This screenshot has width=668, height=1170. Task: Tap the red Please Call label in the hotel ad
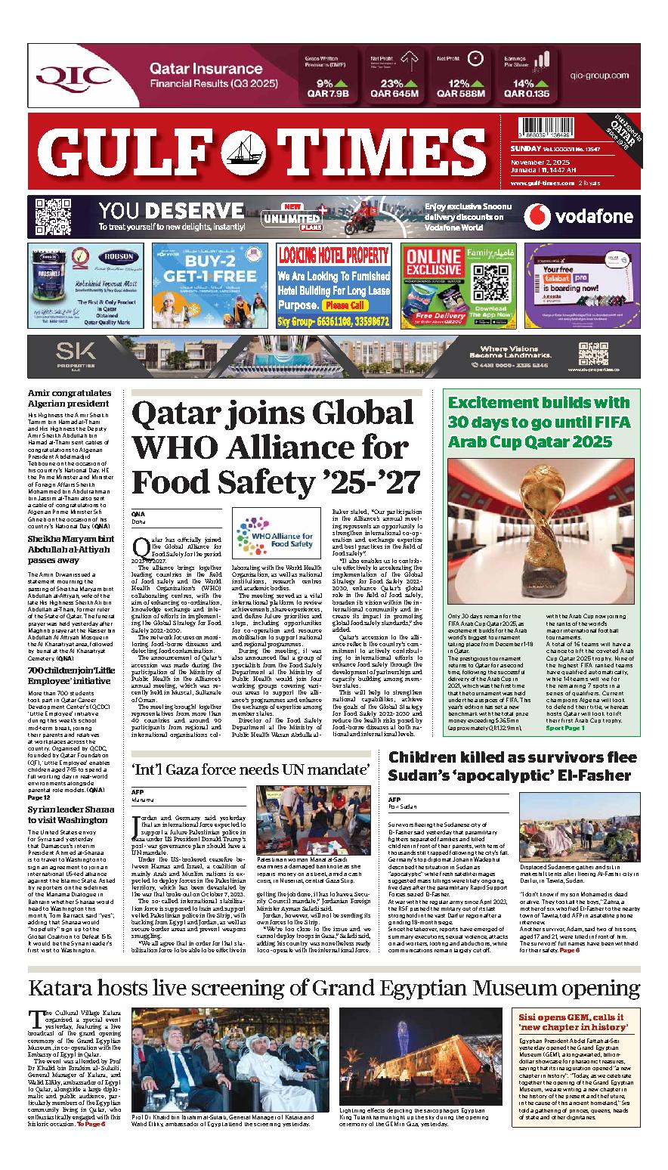click(345, 305)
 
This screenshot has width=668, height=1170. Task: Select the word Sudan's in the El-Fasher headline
click(426, 775)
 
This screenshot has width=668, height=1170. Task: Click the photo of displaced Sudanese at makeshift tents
click(578, 831)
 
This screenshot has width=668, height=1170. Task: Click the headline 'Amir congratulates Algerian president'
click(70, 398)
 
